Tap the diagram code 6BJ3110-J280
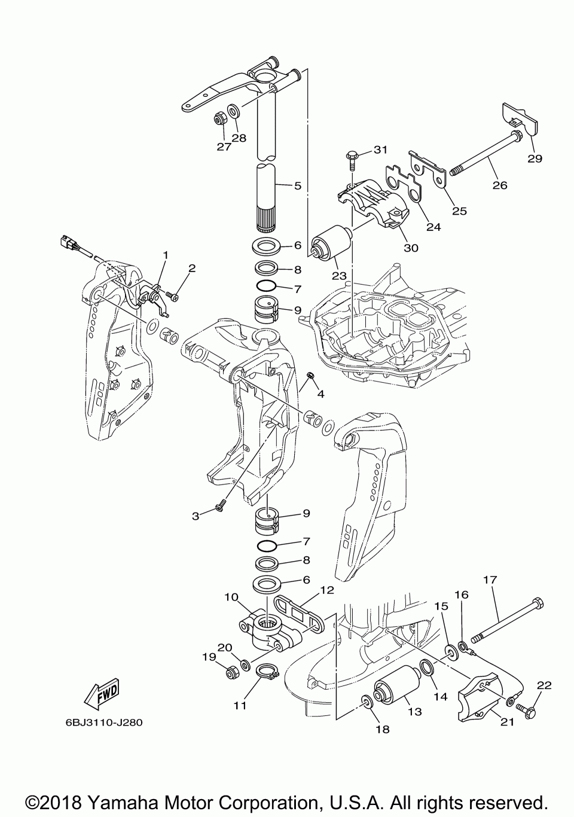click(105, 722)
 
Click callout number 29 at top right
click(534, 158)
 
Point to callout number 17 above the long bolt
click(490, 580)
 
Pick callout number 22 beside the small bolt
click(544, 685)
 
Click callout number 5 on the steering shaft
click(298, 185)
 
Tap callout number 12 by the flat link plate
click(326, 590)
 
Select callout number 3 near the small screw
click(196, 516)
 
